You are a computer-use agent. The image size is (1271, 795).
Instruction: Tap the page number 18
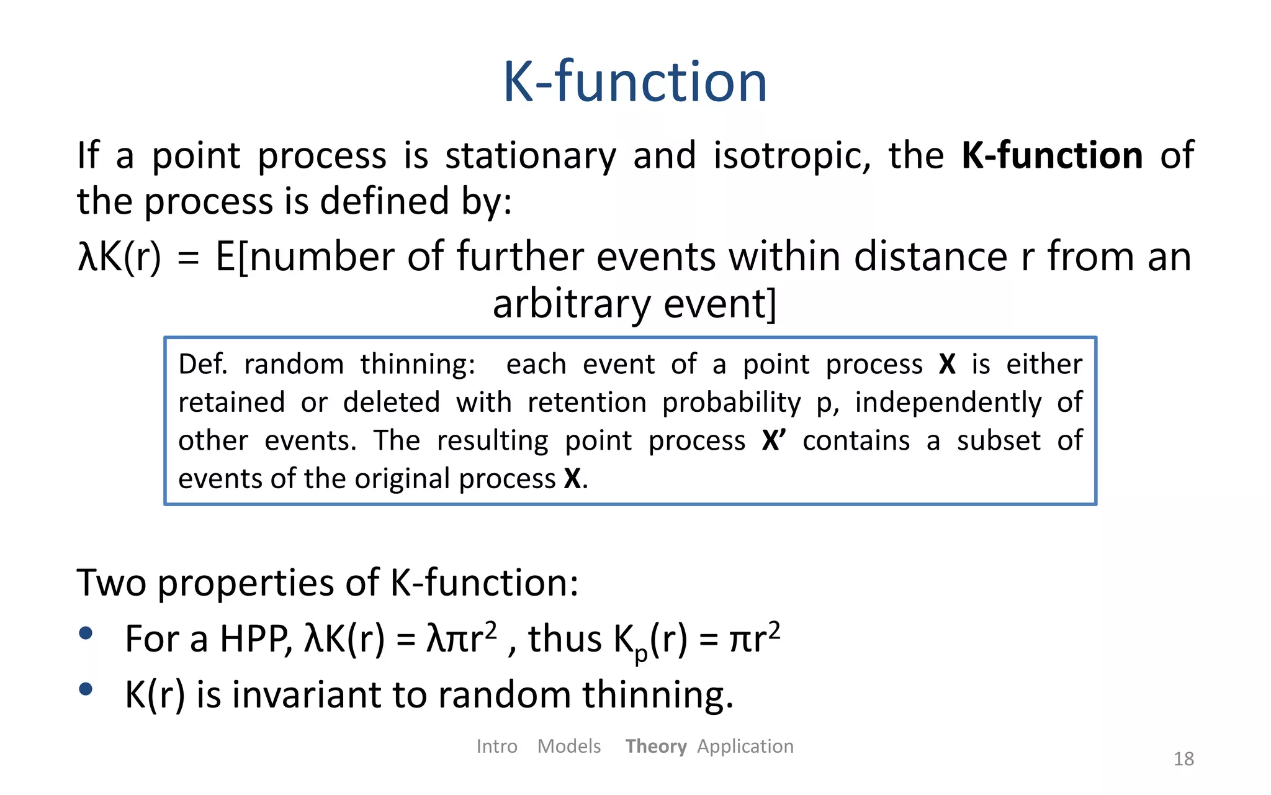[1183, 758]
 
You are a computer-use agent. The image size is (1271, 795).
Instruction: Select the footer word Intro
[496, 746]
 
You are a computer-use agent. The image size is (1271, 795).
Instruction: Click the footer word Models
[568, 746]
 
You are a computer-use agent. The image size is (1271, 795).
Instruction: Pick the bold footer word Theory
[655, 746]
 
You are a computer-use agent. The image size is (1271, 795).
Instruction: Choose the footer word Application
[745, 746]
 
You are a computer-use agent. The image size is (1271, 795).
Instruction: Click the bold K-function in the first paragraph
[1052, 155]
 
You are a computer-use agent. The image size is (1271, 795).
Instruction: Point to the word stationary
[531, 157]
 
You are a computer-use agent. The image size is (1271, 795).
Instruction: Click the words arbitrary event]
[634, 304]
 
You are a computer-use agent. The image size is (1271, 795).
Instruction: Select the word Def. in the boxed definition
[203, 364]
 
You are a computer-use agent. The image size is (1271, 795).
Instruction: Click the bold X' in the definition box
[773, 440]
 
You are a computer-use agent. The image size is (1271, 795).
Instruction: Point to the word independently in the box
[948, 402]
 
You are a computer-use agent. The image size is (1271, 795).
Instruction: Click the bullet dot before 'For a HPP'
[86, 634]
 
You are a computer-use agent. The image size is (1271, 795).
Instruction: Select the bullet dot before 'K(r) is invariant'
[86, 689]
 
